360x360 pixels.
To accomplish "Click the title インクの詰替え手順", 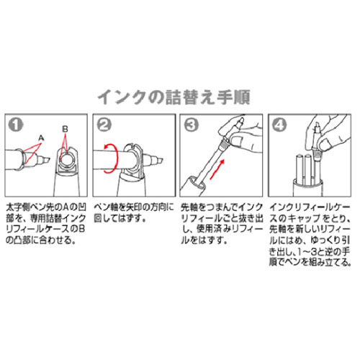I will [x=179, y=96].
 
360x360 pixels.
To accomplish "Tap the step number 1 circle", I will [x=15, y=123].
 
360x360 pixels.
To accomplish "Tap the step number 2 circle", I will [x=104, y=123].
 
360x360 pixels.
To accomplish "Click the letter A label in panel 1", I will [x=41, y=135].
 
